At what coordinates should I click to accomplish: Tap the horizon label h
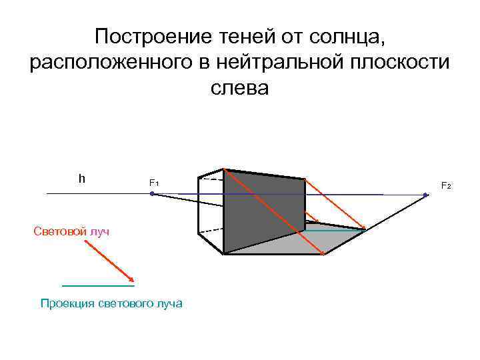pyautogui.click(x=81, y=178)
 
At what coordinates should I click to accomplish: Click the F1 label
pyautogui.click(x=153, y=183)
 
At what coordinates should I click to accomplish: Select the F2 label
pyautogui.click(x=446, y=185)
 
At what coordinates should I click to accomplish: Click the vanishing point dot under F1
pyautogui.click(x=153, y=193)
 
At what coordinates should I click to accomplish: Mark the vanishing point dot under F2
pyautogui.click(x=426, y=195)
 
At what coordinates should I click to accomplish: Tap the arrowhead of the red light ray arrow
pyautogui.click(x=132, y=280)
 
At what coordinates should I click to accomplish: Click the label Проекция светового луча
pyautogui.click(x=111, y=303)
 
